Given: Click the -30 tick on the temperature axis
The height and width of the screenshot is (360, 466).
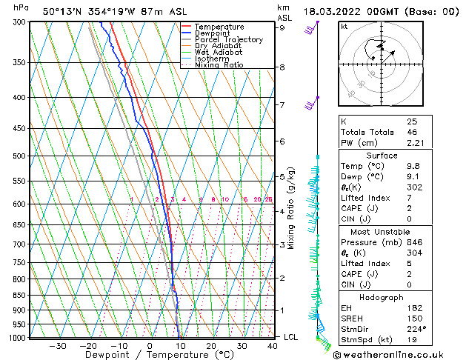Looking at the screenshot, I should coord(57,345).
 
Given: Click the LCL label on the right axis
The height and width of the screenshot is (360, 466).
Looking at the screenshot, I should coord(290,337).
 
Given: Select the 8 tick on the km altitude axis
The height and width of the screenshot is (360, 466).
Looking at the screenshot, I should coord(282,67).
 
